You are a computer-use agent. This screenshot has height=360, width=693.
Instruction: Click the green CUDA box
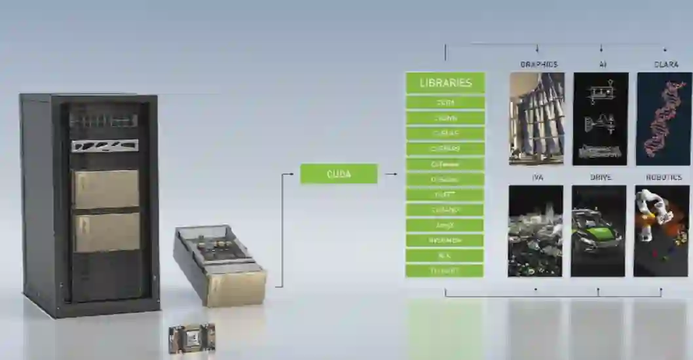click(339, 173)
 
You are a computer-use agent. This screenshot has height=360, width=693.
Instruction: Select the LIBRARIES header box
click(445, 83)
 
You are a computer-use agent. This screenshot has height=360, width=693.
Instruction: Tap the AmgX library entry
click(445, 225)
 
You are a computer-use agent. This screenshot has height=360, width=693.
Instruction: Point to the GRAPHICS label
click(538, 64)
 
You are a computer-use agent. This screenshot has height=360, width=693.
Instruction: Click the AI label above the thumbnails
click(602, 64)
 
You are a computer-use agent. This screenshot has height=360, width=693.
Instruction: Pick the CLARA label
click(665, 64)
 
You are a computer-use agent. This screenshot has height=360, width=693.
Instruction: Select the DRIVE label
click(600, 177)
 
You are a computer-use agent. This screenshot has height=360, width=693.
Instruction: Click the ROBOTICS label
click(664, 177)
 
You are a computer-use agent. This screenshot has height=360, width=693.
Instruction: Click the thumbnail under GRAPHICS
click(536, 118)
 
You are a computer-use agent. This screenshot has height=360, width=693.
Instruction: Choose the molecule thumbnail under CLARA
click(664, 118)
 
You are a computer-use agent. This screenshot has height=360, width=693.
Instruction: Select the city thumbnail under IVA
click(535, 230)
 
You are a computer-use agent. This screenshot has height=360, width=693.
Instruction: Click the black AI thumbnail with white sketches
click(601, 118)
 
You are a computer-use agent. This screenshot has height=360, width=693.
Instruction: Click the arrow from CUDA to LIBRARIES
click(391, 173)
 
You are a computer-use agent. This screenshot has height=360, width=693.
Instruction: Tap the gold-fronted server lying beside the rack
click(221, 264)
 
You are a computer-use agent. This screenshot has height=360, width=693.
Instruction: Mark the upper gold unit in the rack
click(106, 189)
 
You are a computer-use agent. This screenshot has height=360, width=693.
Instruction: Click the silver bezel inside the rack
click(105, 145)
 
